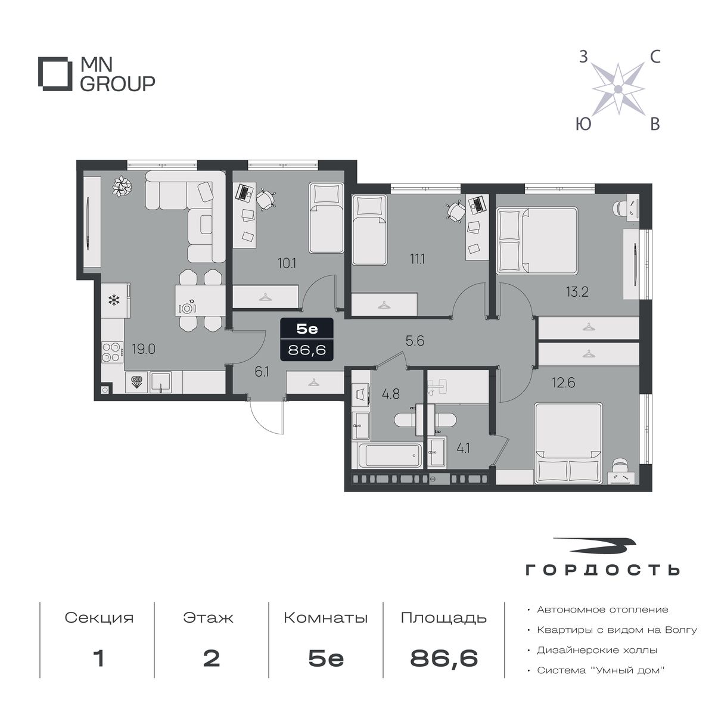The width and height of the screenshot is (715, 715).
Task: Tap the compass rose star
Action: [x=618, y=89]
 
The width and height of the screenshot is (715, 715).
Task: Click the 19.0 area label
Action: [x=144, y=349]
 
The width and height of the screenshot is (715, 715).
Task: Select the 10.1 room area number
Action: [x=287, y=263]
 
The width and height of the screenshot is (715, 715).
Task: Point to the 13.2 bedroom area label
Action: [x=577, y=292]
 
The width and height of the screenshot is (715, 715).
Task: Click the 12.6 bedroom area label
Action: [x=564, y=382]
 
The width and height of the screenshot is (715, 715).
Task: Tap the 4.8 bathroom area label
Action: [x=391, y=394]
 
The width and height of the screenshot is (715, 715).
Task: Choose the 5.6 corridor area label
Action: [x=415, y=341]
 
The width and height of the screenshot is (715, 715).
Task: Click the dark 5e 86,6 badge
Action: [x=307, y=340]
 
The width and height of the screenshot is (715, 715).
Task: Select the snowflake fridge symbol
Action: [x=114, y=300]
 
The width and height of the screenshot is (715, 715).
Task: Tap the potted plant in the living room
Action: [x=122, y=186]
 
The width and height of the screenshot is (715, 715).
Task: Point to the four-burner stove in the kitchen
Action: [x=113, y=352]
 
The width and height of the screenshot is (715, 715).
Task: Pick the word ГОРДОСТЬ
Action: [x=602, y=570]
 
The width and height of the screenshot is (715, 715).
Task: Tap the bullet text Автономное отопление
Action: [x=602, y=610]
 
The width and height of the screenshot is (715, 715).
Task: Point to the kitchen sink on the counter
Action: [x=160, y=383]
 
